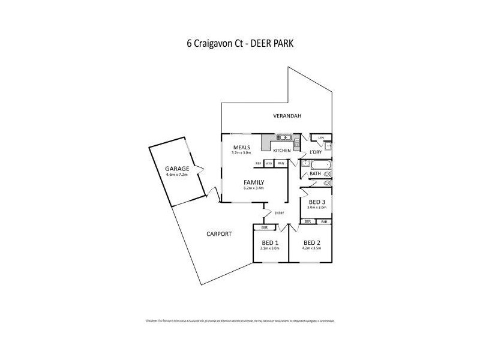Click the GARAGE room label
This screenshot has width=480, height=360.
coord(177,169)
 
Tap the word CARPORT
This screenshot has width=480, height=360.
coord(218,233)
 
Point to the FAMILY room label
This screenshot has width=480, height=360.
coord(254,182)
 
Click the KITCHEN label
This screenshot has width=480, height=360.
coord(282,150)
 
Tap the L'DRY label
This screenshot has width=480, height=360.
coord(315,152)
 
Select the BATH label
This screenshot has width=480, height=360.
coord(315,174)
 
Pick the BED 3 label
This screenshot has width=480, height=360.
coord(317,202)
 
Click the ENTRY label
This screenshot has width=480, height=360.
coord(279,213)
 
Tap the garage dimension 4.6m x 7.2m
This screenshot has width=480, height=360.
coord(177,175)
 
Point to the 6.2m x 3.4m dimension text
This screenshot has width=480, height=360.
coord(254,188)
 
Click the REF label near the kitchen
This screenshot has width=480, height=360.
coord(259,163)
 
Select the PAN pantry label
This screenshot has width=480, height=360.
coord(281,163)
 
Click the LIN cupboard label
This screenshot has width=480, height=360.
coord(321,137)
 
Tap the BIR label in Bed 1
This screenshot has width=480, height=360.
coord(264,227)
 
